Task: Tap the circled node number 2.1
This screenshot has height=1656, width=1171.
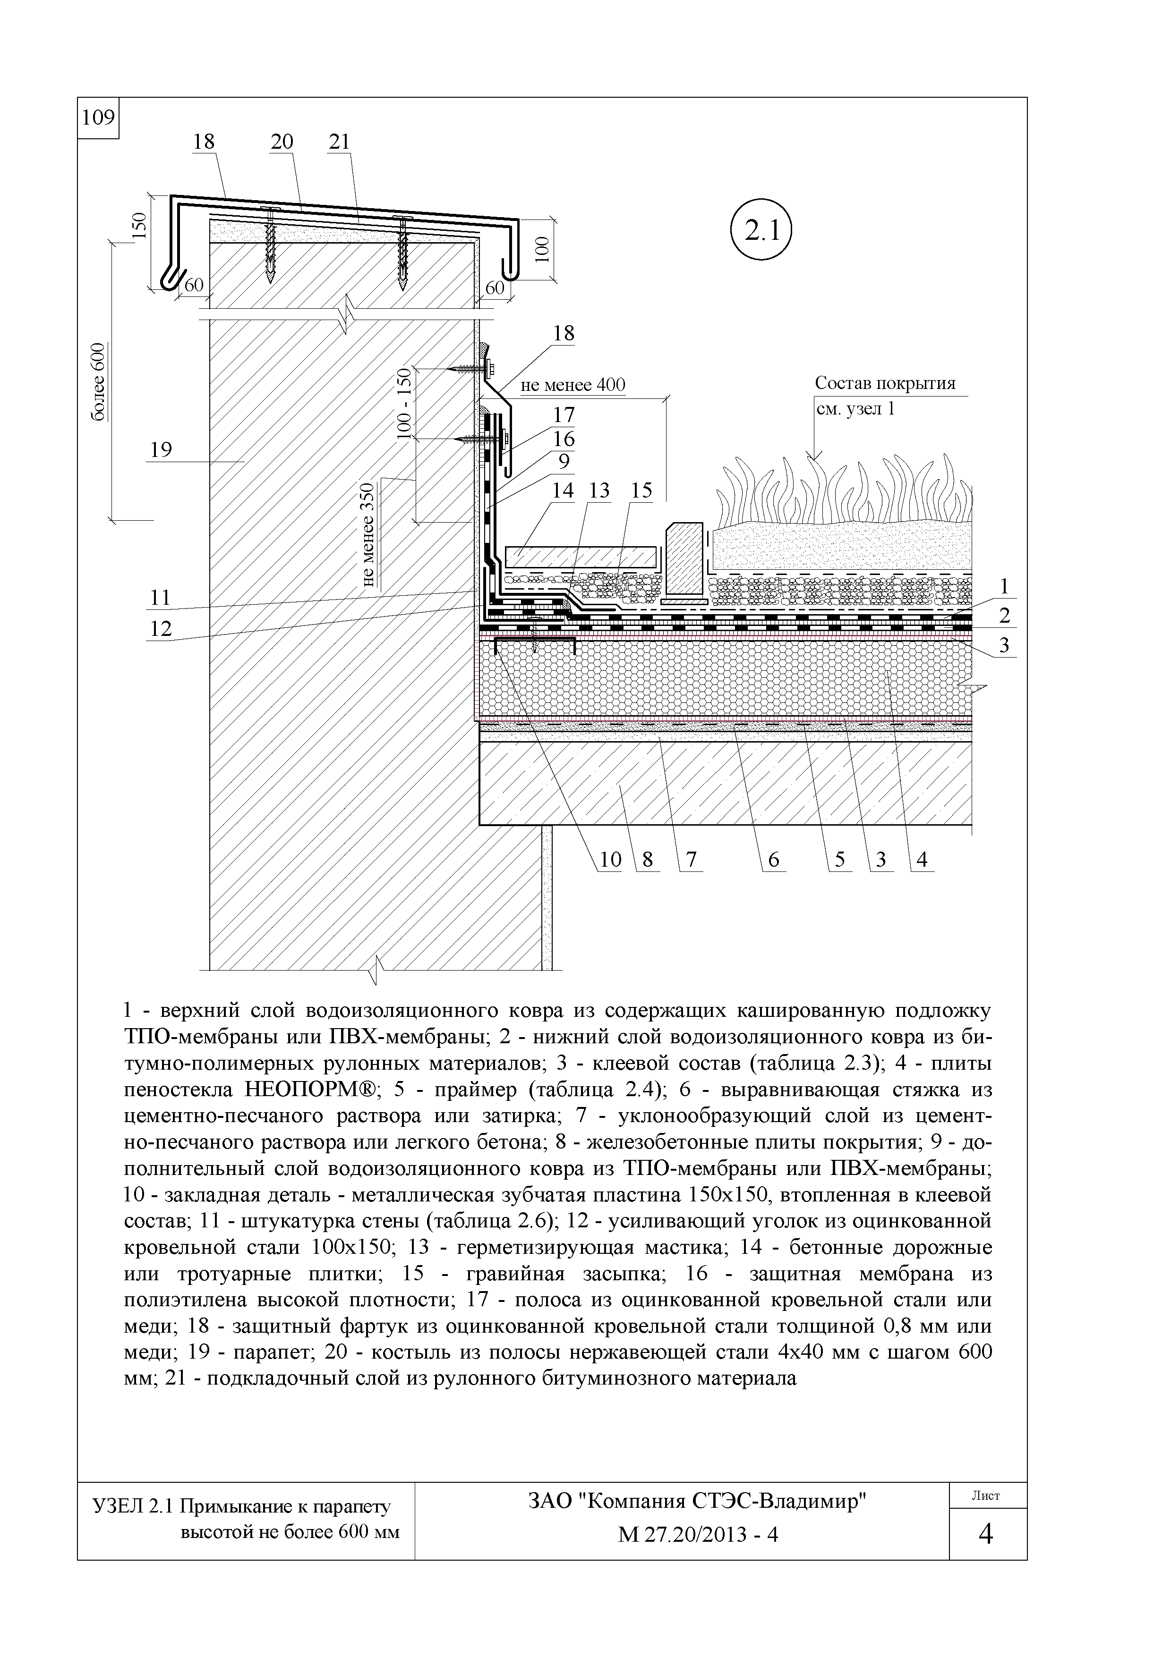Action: [761, 231]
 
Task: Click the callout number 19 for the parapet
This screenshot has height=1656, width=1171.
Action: [161, 450]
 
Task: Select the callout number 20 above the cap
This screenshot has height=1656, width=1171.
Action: [282, 142]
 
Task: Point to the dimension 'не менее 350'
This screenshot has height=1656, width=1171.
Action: [369, 534]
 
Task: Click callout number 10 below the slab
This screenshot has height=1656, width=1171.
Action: [610, 859]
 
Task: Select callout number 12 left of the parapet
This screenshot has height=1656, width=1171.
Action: [161, 628]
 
